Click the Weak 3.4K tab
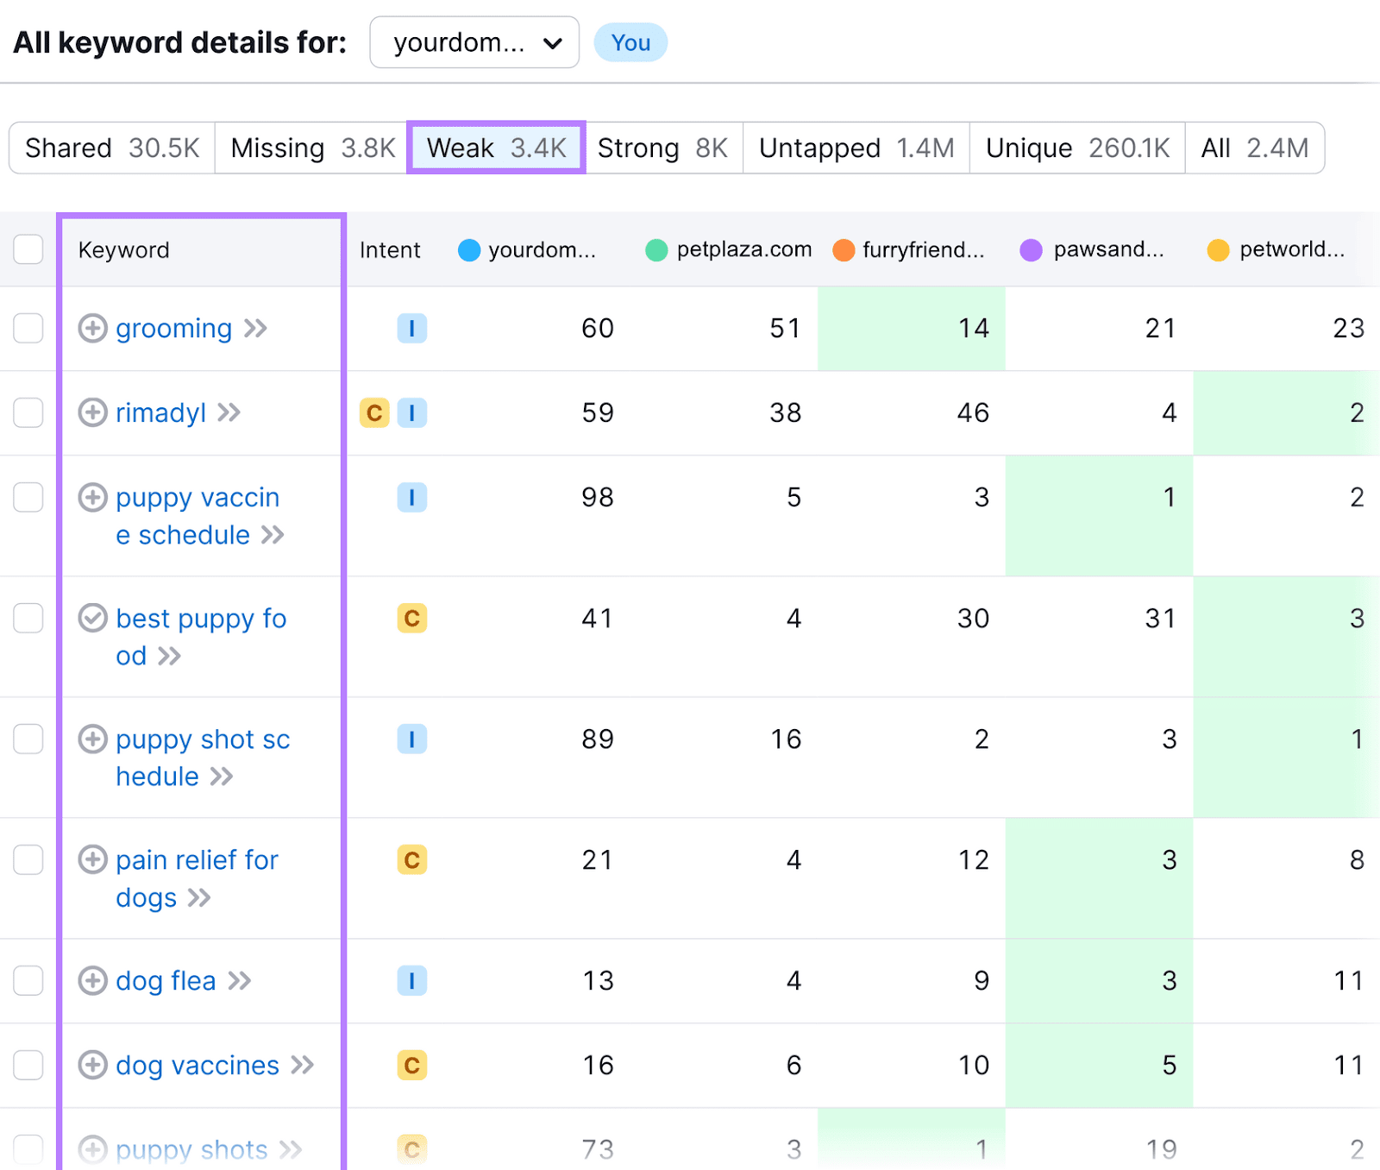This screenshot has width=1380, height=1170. pos(496,148)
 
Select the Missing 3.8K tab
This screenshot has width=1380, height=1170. pos(312,148)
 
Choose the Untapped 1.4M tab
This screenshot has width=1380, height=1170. pos(856,148)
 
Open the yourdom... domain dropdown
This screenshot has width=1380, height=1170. pos(474,42)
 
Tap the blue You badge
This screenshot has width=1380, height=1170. pos(630,42)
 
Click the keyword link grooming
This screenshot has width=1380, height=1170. pos(173,328)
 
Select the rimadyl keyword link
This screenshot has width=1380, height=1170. pos(160,412)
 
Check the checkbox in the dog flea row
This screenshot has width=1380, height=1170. pos(28,980)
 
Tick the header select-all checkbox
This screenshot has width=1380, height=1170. pos(28,249)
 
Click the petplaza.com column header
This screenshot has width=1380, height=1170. pos(743,249)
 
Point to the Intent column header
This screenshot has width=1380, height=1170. pos(390,249)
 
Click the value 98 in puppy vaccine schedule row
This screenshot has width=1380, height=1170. pos(597,497)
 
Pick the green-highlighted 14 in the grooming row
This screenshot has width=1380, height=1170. pos(973,328)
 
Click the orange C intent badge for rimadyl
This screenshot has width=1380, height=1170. pos(374,412)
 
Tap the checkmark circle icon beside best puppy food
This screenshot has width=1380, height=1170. pos(93,618)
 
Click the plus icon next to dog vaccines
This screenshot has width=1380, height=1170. pos(93,1065)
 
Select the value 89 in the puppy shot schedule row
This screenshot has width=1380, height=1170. pos(597,739)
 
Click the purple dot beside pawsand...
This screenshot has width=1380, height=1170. pos(1031,250)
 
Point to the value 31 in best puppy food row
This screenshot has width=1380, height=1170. pos(1160,618)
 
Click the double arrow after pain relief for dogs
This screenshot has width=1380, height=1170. pos(199,897)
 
